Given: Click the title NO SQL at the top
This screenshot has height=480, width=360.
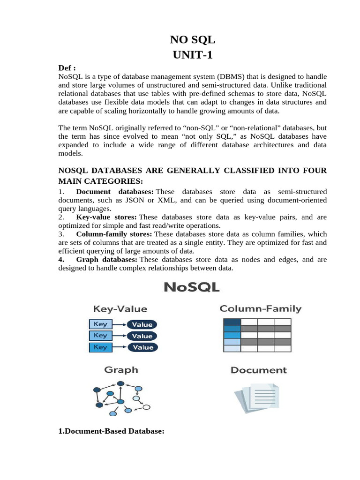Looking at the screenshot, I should (x=192, y=40).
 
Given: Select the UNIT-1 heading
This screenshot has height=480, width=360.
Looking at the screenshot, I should (x=192, y=55).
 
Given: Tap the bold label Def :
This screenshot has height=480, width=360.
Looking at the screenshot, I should (x=67, y=68).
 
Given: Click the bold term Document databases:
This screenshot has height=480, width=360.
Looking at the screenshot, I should (x=115, y=192).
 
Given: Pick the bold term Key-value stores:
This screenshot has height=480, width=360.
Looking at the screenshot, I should (x=106, y=217).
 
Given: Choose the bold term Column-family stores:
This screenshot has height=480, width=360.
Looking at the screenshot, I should (x=114, y=234).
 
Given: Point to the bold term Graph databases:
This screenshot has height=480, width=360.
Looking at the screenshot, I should (x=106, y=259).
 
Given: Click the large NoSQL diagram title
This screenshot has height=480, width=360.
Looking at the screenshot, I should (x=191, y=287).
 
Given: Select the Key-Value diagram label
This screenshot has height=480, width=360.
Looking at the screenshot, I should (x=120, y=309).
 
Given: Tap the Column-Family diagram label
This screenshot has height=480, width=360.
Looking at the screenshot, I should (x=261, y=309).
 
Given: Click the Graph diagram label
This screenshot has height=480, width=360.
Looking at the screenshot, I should (x=121, y=370).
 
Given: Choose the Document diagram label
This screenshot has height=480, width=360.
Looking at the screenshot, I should (x=258, y=370).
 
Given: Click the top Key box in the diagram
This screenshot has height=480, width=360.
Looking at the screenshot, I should (x=101, y=324).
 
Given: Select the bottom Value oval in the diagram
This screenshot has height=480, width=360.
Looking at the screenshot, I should (x=142, y=347).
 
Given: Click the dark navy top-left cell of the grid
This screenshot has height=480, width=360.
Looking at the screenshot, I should (x=232, y=322).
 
